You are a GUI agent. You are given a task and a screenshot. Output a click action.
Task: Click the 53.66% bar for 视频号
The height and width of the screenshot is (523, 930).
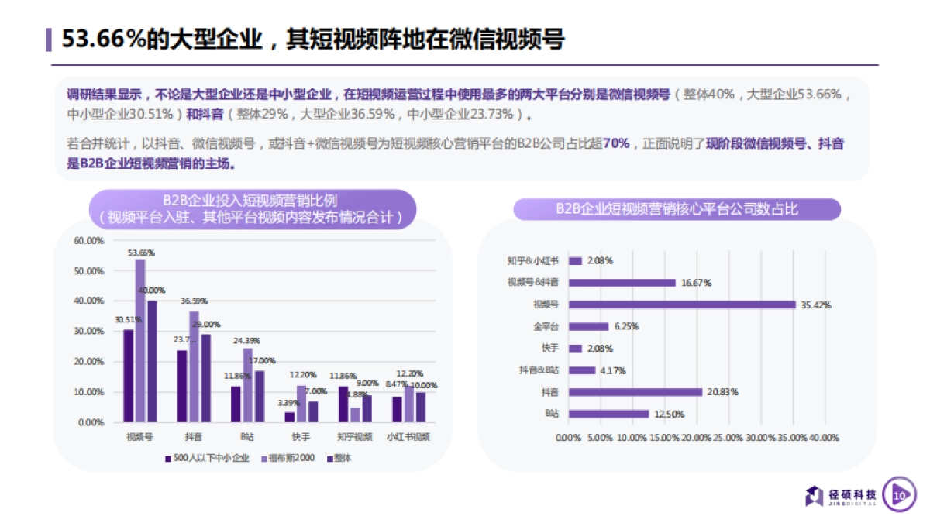[x=140, y=341]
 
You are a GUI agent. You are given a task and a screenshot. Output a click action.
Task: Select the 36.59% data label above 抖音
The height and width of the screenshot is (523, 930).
[x=194, y=301]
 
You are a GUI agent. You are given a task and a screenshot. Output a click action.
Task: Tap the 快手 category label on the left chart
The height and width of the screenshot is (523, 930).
[x=301, y=436]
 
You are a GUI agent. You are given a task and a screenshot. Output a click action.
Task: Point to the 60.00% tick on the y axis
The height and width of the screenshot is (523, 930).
[x=88, y=241]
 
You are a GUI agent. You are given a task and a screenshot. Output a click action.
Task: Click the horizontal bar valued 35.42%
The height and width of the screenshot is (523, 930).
[x=683, y=305]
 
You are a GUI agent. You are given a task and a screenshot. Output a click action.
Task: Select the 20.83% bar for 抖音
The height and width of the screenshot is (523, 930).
[x=635, y=392]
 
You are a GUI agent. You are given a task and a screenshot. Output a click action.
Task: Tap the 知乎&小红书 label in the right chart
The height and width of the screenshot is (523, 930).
[x=532, y=261]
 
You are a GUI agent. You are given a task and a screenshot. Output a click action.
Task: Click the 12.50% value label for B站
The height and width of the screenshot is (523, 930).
[x=669, y=414]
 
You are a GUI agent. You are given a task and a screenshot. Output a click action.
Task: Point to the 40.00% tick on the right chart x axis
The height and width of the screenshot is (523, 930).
[x=823, y=438]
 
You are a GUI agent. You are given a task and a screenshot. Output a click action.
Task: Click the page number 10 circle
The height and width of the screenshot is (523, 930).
[x=900, y=494]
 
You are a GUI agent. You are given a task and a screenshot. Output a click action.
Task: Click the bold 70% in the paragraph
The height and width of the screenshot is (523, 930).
[x=615, y=145]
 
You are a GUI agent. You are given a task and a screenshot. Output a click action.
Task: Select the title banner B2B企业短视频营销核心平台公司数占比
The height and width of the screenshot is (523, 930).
[x=677, y=209]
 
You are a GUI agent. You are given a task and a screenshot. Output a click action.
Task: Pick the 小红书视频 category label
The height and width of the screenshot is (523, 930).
[x=408, y=436]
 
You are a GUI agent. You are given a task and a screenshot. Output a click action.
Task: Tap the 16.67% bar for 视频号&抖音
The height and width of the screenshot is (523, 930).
[x=623, y=283]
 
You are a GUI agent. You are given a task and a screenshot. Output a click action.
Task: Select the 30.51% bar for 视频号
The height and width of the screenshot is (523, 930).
[x=129, y=376]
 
